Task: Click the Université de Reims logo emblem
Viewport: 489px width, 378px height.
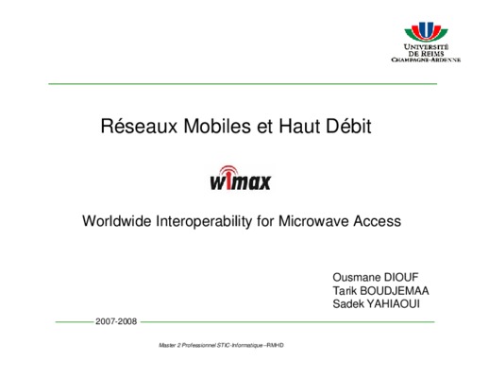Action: point(426,32)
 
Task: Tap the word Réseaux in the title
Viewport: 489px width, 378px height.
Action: point(139,126)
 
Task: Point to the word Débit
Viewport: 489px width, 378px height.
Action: point(348,126)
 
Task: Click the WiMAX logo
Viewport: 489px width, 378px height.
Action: point(241,178)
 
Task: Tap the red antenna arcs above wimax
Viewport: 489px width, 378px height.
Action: point(228,170)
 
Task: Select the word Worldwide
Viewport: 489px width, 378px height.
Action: point(117,221)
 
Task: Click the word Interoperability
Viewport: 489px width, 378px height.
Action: point(204,221)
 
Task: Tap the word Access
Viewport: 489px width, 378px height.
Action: point(378,221)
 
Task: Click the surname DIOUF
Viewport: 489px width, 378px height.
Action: point(401,277)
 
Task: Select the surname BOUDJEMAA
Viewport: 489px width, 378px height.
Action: point(395,290)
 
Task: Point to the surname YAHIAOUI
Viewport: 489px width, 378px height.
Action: point(393,303)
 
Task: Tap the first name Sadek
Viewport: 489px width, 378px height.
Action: point(348,303)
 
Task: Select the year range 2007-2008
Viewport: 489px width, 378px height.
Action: point(116,321)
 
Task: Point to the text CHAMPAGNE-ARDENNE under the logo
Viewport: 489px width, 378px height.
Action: point(426,60)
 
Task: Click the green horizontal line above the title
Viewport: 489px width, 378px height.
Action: point(243,84)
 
